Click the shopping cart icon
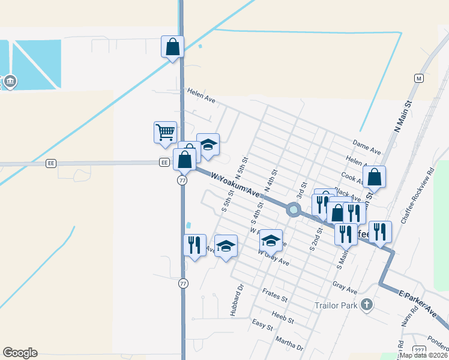pos(165,132)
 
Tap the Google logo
pos(20,353)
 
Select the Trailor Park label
pos(336,305)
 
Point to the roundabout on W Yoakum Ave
pos(294,209)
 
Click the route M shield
pos(419,78)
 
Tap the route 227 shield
pos(419,350)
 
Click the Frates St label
pos(276,295)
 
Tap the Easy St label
pos(262,326)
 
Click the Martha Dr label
pos(289,345)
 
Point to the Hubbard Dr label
pos(235,305)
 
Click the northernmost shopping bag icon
pos(172,47)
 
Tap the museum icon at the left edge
pos(10,82)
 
